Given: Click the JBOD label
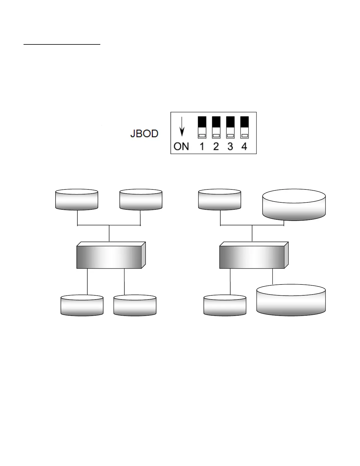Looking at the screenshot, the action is (144, 134).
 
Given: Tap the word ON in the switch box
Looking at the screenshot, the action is (181, 146).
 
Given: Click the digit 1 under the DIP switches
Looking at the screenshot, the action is (202, 146).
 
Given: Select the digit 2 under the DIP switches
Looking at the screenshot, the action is (216, 146).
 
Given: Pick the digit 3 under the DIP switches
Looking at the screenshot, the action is (230, 146).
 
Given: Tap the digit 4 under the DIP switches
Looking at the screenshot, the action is (244, 146).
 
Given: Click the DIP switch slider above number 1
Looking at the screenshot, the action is (202, 127).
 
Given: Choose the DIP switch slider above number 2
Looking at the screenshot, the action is (216, 127).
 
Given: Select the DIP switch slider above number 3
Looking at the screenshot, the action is (230, 127).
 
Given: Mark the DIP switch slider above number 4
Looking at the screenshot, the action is (244, 127).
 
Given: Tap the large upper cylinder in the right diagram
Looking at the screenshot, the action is (294, 205).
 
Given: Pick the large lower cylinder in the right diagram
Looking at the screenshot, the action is (291, 300).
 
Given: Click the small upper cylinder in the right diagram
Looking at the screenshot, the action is (219, 200).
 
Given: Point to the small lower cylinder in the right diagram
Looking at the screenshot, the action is (225, 306).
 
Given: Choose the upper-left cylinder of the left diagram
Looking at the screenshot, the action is (76, 200).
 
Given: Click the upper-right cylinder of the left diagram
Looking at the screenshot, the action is (141, 200).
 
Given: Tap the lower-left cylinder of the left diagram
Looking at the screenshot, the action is (82, 306).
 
